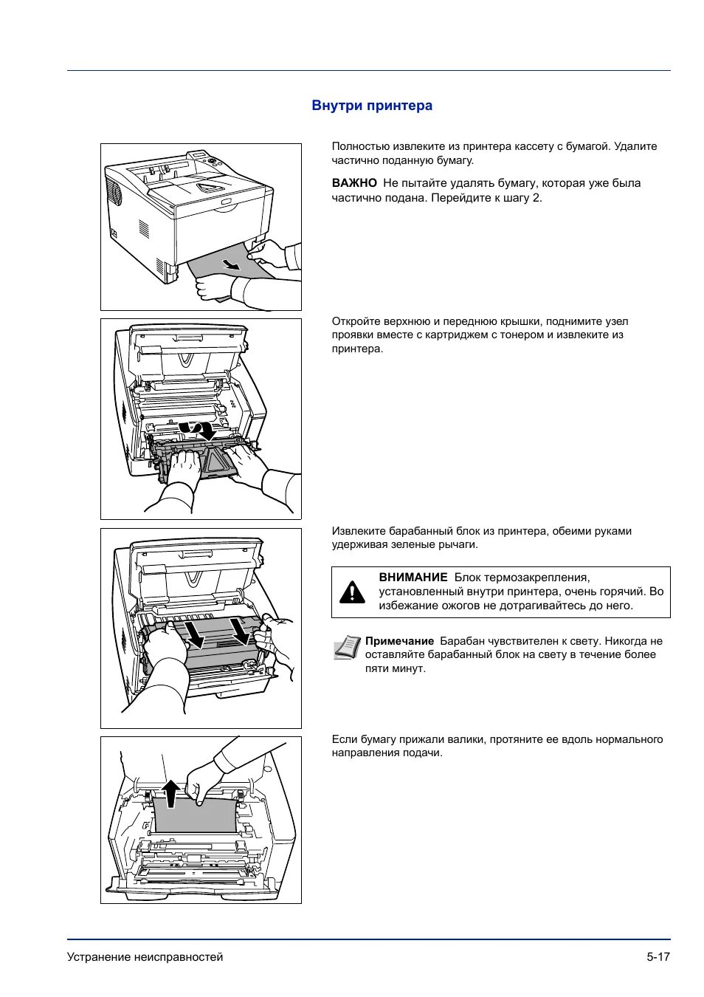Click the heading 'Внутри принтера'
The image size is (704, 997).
(x=372, y=106)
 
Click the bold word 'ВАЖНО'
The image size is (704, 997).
(x=354, y=183)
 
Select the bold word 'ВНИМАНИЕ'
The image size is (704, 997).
(x=413, y=578)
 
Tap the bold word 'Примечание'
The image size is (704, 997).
(x=399, y=641)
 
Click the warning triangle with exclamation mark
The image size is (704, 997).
(x=353, y=592)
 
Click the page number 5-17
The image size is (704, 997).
(x=658, y=956)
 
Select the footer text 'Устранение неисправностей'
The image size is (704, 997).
(x=145, y=956)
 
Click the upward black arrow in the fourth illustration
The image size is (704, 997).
(x=170, y=794)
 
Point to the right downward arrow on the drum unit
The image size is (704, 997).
(x=239, y=630)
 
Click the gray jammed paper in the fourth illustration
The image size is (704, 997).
(x=196, y=816)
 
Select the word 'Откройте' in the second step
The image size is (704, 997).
(x=356, y=321)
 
